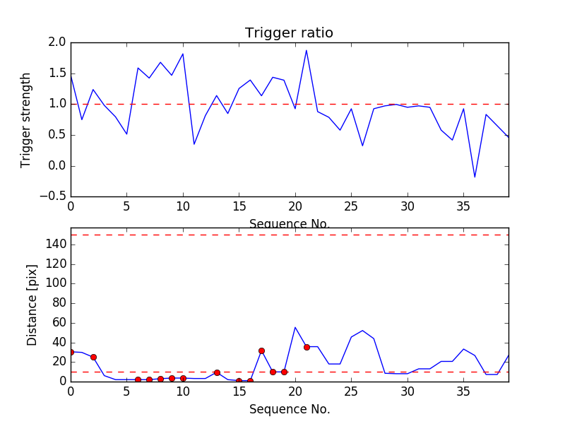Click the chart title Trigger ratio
(x=289, y=33)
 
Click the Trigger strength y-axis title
(x=26, y=119)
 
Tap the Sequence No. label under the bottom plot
(x=289, y=409)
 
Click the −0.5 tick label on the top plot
(x=53, y=196)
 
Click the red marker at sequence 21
(x=307, y=347)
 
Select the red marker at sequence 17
(x=261, y=351)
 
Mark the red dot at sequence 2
(x=93, y=357)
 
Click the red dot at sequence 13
(x=217, y=372)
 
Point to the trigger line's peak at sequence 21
(x=307, y=50)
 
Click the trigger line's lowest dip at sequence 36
(x=475, y=177)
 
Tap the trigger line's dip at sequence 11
(x=194, y=144)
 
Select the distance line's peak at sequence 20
(x=295, y=327)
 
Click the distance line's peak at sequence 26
(x=362, y=330)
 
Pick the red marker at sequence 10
(x=183, y=378)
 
